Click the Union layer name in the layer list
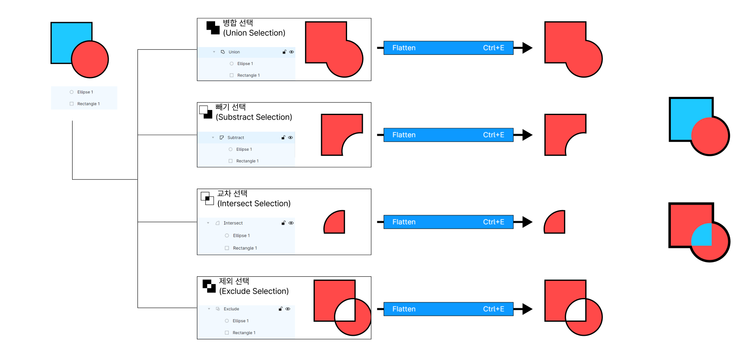click(x=234, y=52)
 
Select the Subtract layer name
click(x=235, y=138)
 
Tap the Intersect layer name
click(x=233, y=223)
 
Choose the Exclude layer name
click(x=231, y=309)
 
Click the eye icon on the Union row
click(x=292, y=52)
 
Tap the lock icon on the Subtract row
click(x=283, y=138)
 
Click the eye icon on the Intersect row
click(x=291, y=223)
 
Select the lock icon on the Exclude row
click(x=280, y=309)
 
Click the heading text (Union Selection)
click(x=254, y=33)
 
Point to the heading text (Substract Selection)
click(x=254, y=117)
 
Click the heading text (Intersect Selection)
click(x=254, y=204)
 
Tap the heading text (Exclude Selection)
click(x=254, y=291)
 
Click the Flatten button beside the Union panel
click(x=404, y=48)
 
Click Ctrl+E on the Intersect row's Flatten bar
click(x=493, y=222)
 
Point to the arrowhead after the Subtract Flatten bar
click(x=527, y=135)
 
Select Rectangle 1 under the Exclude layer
click(x=244, y=333)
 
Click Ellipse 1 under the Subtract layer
click(x=244, y=149)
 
